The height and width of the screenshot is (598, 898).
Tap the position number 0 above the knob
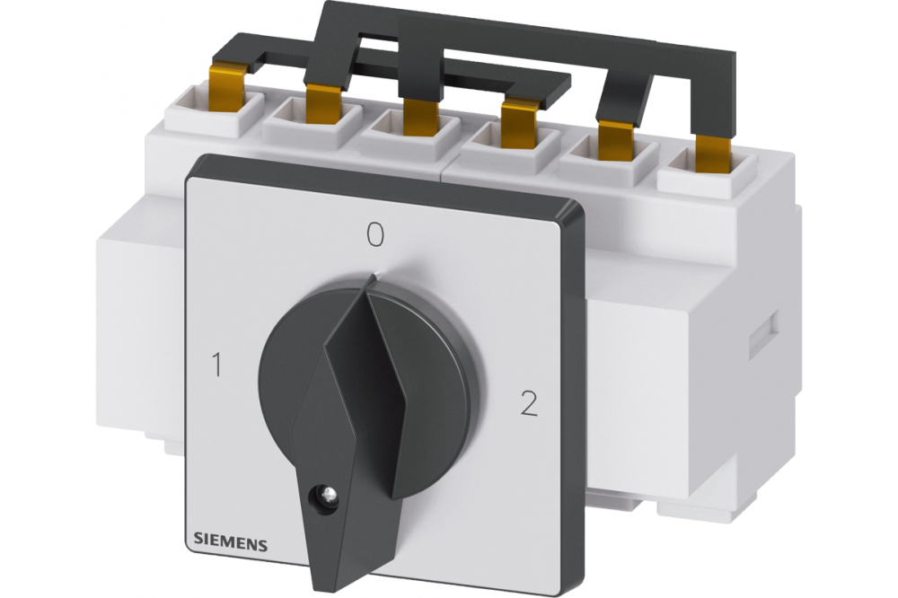pyautogui.click(x=375, y=235)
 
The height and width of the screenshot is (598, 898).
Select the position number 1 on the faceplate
pyautogui.click(x=216, y=365)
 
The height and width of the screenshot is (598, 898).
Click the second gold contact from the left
pyautogui.click(x=323, y=103)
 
